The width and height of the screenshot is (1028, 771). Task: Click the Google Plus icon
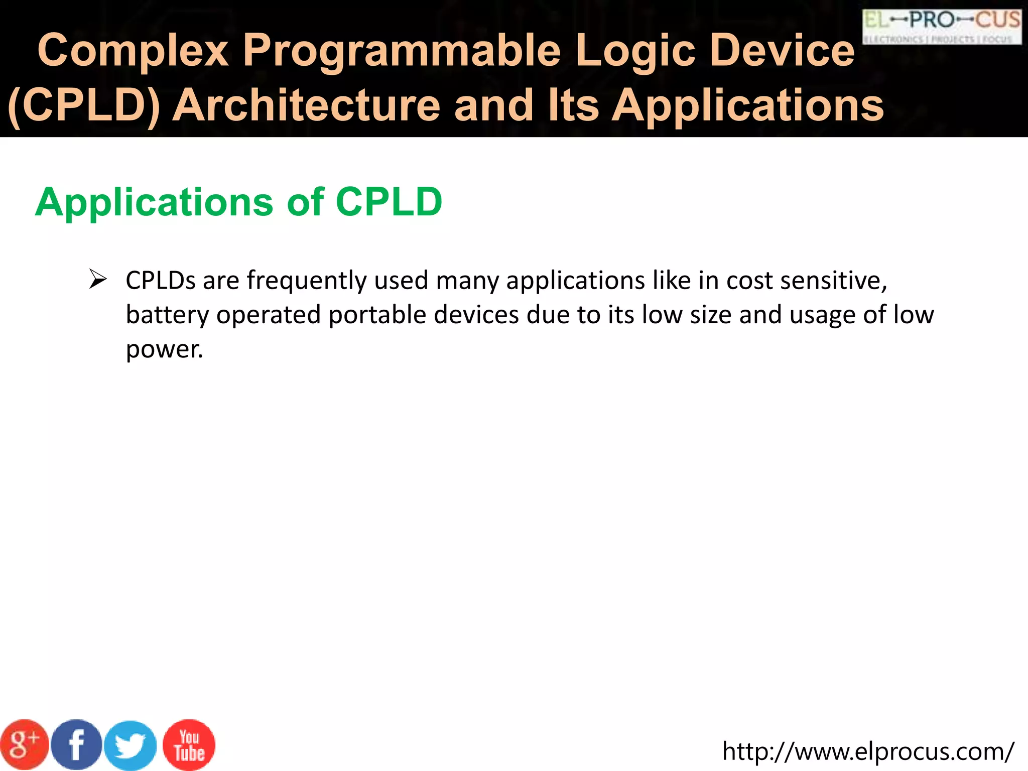[x=24, y=745]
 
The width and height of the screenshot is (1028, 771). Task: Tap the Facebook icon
[x=77, y=745]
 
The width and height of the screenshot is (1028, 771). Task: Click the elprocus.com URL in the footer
[x=868, y=751]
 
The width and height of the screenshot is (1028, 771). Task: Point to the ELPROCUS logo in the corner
[x=942, y=27]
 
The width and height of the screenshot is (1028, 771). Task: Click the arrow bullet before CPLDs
[x=97, y=279]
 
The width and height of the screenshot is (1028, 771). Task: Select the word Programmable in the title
[x=402, y=50]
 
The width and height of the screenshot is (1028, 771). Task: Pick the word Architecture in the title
[x=306, y=105]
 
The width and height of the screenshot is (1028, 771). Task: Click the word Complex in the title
[x=133, y=50]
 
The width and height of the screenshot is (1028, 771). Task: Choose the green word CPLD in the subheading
[x=389, y=202]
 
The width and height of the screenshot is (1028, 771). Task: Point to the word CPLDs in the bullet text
[x=160, y=280]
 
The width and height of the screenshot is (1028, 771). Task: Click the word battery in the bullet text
[x=167, y=315]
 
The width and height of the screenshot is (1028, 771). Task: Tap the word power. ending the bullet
[x=164, y=349]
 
